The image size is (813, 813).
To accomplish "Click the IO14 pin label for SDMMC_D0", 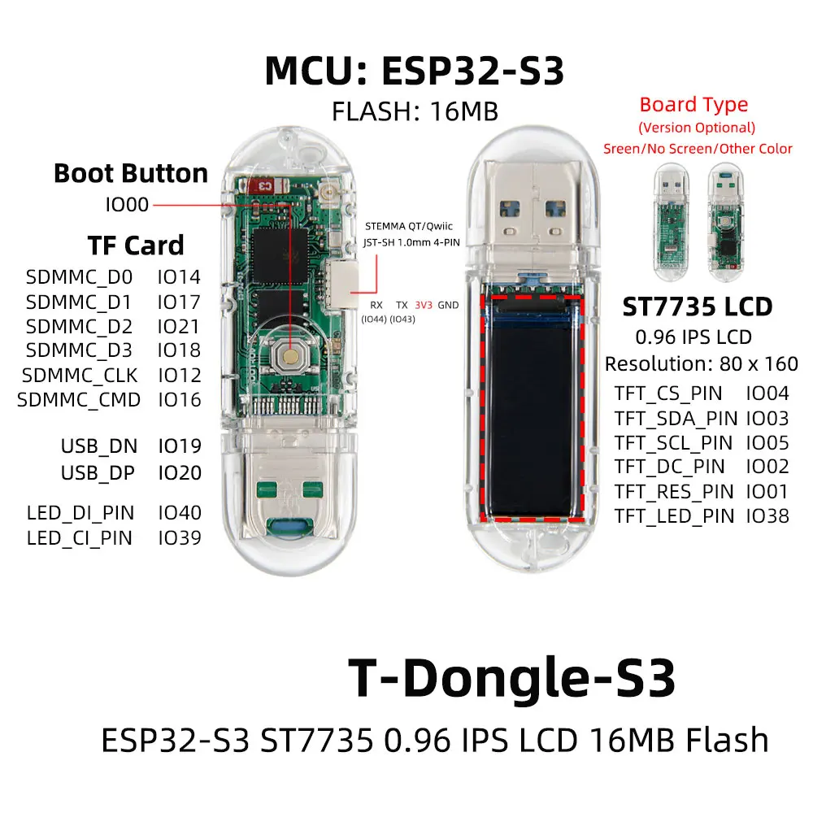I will point(179,276).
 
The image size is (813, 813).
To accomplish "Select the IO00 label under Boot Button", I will point(127,205).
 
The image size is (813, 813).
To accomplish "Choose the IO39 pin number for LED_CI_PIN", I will point(179,537).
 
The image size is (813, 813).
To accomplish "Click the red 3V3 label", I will point(424,305).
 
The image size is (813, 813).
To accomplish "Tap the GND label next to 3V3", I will point(448,305).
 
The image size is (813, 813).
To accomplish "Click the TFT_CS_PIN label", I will point(668,393).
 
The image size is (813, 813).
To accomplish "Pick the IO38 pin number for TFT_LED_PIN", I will point(767,515).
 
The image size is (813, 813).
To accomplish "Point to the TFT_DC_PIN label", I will point(669,467).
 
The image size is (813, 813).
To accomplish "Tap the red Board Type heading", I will point(693,105).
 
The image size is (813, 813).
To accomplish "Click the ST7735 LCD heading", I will point(697,307).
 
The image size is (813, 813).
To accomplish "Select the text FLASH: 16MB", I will point(415,111).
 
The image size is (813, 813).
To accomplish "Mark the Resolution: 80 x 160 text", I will point(702,363).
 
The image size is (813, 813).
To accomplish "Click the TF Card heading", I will point(136,245).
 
